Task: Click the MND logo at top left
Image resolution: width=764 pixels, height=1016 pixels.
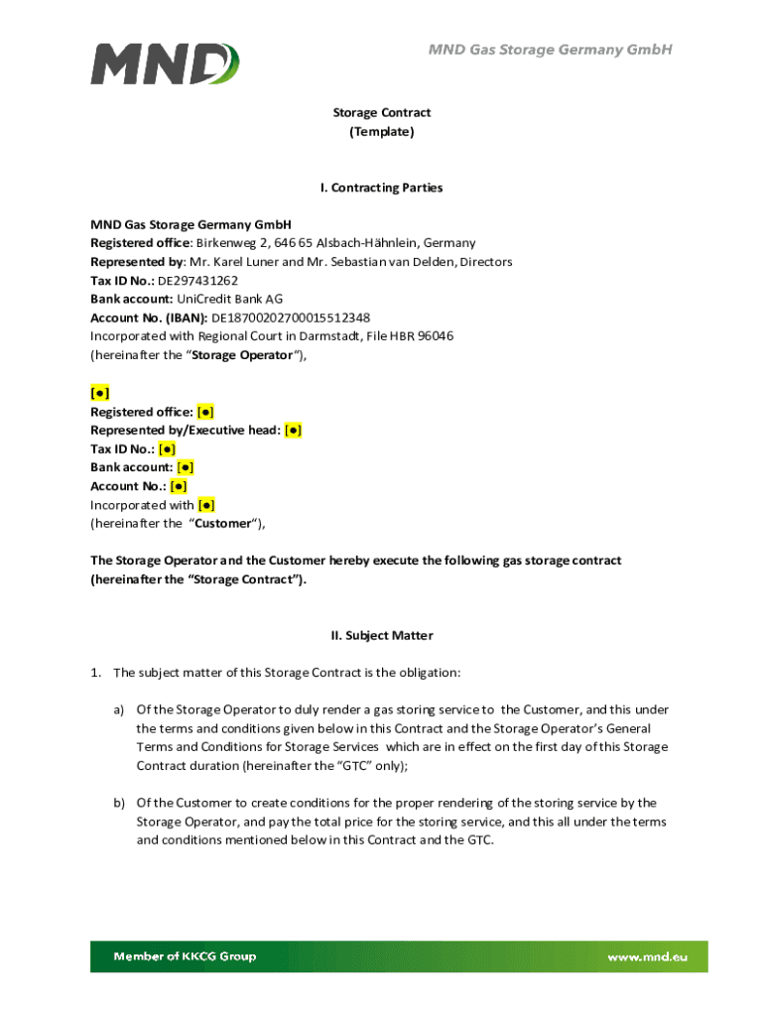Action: click(165, 63)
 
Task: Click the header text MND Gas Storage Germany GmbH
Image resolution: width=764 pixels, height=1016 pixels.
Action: click(551, 50)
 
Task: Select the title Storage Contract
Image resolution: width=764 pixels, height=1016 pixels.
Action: click(382, 113)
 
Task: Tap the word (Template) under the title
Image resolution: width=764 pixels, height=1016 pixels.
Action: click(382, 132)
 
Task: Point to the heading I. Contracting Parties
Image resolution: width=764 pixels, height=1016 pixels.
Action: click(382, 188)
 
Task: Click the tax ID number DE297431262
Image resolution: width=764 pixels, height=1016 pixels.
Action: click(197, 281)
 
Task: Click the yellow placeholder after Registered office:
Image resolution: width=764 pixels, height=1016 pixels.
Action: click(205, 412)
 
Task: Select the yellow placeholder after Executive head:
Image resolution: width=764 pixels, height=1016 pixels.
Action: click(293, 431)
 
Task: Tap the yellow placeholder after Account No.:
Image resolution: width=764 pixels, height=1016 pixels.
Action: click(179, 486)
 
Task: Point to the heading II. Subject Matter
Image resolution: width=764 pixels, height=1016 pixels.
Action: click(382, 635)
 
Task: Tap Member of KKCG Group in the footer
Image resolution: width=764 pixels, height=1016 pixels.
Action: click(185, 956)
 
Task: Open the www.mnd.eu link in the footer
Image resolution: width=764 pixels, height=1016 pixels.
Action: click(647, 956)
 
